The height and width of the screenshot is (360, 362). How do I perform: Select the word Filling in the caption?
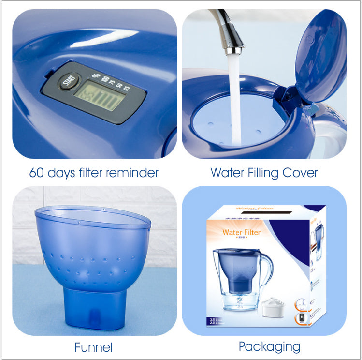(265, 173)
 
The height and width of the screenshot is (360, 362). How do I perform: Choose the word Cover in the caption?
(303, 173)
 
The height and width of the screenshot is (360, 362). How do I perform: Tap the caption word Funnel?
(94, 347)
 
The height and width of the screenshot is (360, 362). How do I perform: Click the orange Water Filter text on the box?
(241, 232)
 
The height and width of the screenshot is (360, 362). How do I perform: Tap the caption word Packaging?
(269, 346)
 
